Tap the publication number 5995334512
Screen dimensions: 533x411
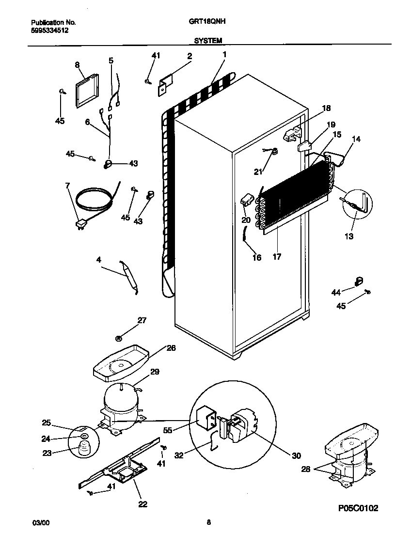pyautogui.click(x=49, y=30)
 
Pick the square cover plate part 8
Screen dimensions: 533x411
pyautogui.click(x=86, y=90)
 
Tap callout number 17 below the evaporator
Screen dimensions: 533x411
pyautogui.click(x=277, y=257)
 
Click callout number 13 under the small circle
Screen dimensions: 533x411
pyautogui.click(x=349, y=236)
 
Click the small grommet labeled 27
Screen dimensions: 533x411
pyautogui.click(x=118, y=337)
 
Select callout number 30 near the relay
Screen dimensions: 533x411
pyautogui.click(x=297, y=455)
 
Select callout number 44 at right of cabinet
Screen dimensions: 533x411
pyautogui.click(x=335, y=291)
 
